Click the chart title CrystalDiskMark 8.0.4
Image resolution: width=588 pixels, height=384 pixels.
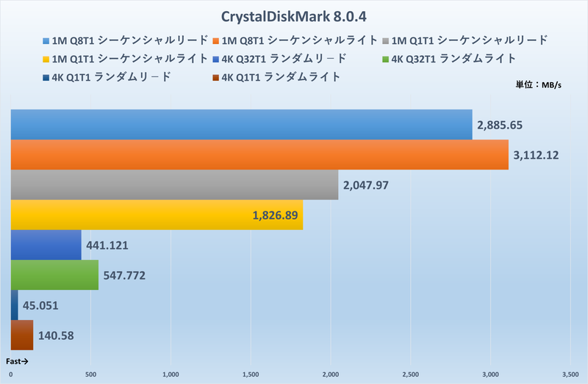coord(293,16)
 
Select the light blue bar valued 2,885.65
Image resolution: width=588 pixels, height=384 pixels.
coord(241,124)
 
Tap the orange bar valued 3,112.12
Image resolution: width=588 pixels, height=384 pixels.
coord(259,154)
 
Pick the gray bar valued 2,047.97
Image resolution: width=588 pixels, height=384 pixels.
coord(174,184)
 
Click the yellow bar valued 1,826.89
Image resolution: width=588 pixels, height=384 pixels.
coord(157,214)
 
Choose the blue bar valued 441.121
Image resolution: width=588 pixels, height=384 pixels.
coord(46,244)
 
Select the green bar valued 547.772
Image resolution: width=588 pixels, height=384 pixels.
coord(54,275)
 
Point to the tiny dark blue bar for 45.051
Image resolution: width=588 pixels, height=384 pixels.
coord(14,305)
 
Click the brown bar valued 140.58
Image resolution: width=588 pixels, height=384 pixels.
coord(22,335)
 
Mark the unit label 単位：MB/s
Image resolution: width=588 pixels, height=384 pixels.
coord(539,85)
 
